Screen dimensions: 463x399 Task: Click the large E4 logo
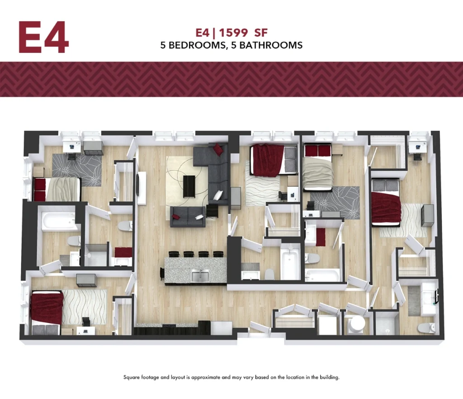(x=44, y=37)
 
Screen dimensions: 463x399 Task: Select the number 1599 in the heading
(x=233, y=33)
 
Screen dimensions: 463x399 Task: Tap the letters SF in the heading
(x=261, y=33)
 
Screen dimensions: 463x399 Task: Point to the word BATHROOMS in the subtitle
(x=271, y=45)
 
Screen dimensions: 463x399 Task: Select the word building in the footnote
(x=330, y=377)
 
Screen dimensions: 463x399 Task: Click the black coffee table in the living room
(x=189, y=187)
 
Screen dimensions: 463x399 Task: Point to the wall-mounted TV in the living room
(x=138, y=185)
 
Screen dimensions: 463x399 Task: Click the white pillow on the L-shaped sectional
(x=218, y=195)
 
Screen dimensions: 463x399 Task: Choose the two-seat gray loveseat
(x=188, y=217)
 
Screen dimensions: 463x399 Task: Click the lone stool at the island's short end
(x=162, y=274)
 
